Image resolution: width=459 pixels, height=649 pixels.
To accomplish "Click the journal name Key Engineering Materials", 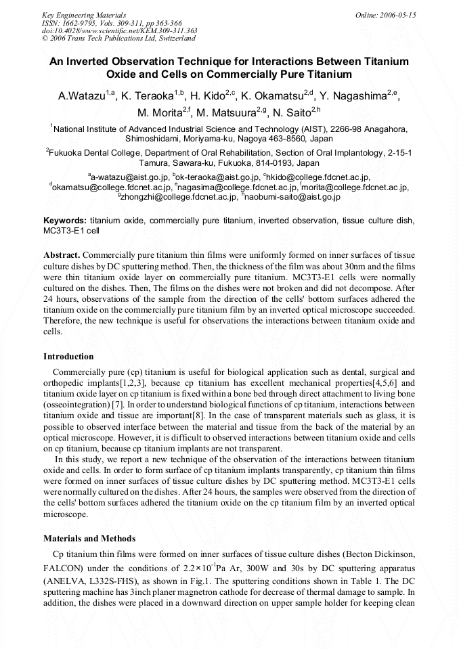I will [x=84, y=14].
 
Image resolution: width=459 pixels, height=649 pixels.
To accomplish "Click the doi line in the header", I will [x=119, y=30].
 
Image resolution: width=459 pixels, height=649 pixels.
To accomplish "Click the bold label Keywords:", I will [x=65, y=221].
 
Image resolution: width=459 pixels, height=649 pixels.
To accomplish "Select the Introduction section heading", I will [x=68, y=356].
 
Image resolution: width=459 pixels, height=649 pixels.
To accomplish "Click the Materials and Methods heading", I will [x=89, y=539].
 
